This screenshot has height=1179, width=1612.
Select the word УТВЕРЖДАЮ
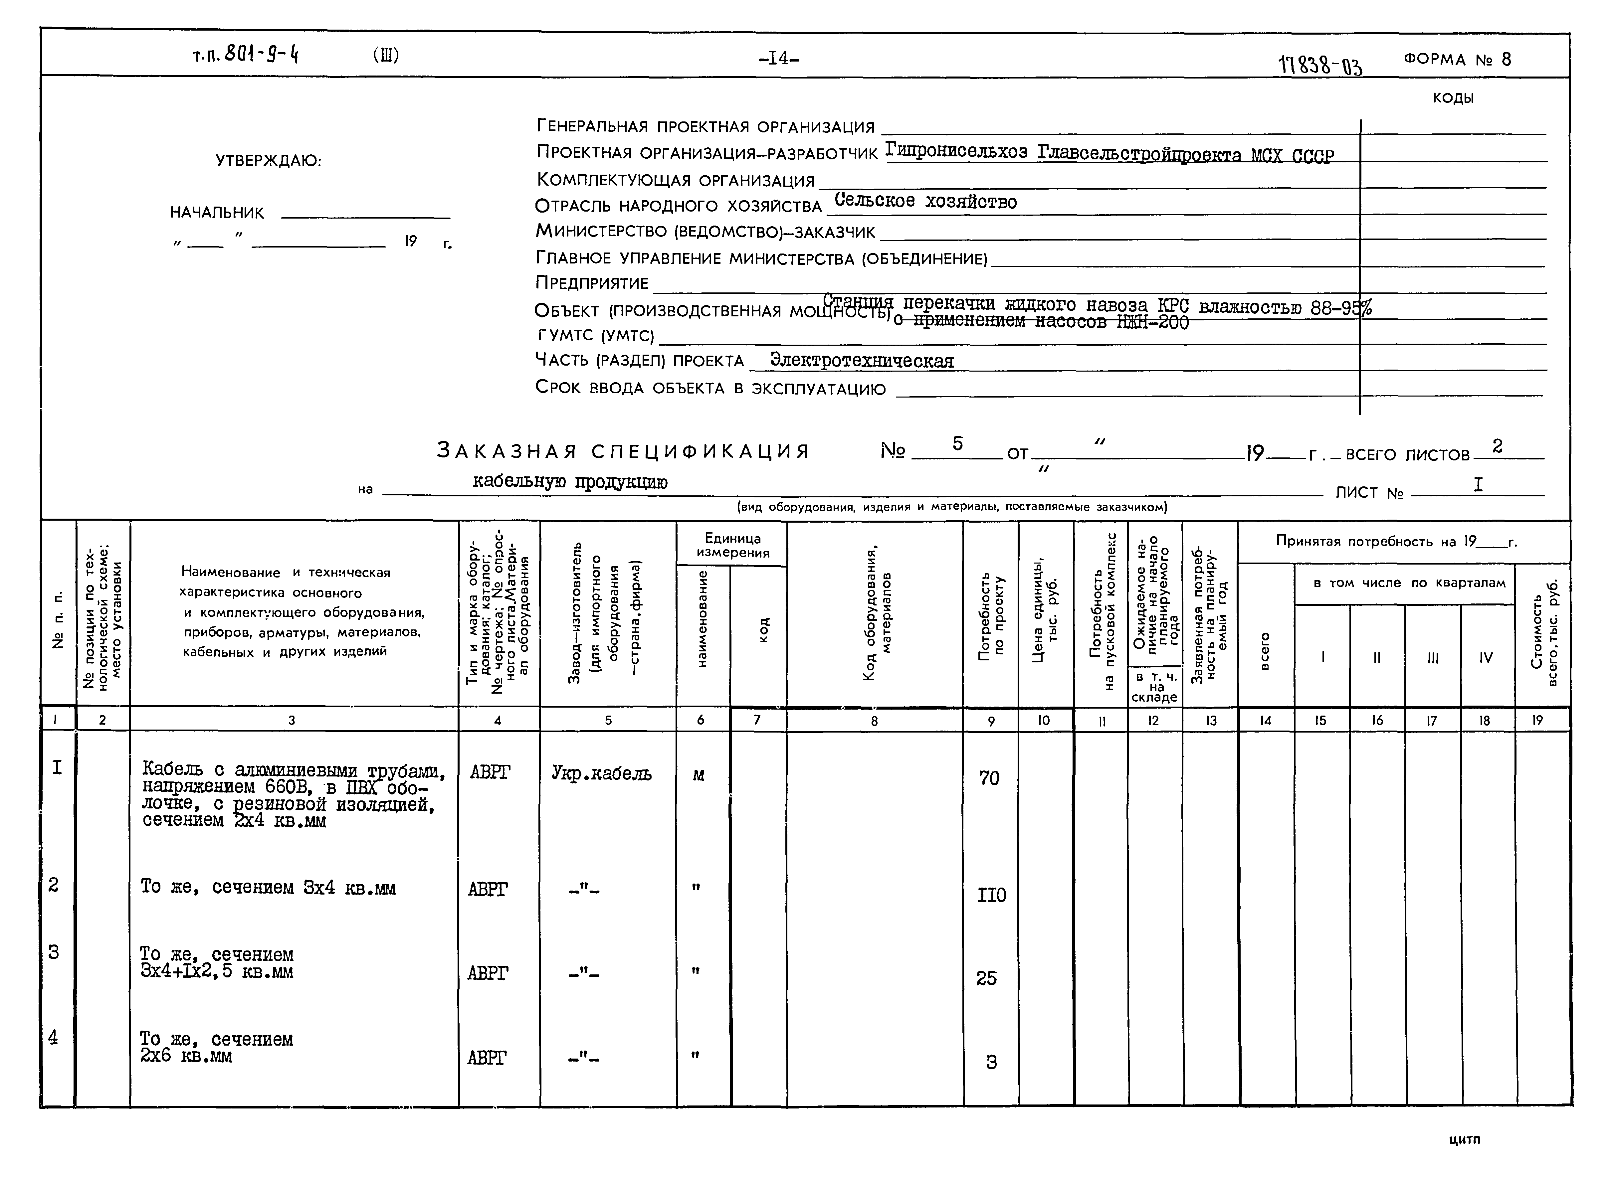pyautogui.click(x=269, y=161)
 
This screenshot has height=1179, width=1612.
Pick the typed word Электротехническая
pyautogui.click(x=862, y=361)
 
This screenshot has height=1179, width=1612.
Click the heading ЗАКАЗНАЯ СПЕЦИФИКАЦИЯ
pyautogui.click(x=623, y=451)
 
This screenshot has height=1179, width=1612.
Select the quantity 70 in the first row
pyautogui.click(x=989, y=778)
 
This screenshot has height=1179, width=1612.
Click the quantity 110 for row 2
pyautogui.click(x=991, y=895)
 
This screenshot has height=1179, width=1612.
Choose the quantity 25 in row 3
pyautogui.click(x=987, y=978)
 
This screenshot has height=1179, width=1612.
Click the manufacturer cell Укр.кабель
pyautogui.click(x=601, y=773)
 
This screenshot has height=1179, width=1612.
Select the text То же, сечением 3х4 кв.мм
pyautogui.click(x=268, y=888)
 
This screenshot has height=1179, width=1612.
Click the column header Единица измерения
pyautogui.click(x=732, y=545)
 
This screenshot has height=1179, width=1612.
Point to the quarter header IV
pyautogui.click(x=1486, y=657)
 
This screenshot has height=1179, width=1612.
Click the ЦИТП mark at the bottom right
pyautogui.click(x=1464, y=1140)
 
